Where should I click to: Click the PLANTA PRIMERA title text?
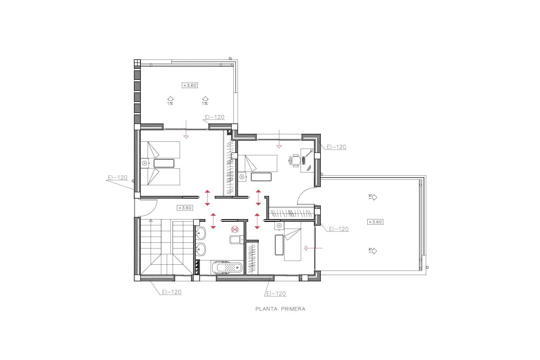(280, 309)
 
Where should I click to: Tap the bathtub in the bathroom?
(227, 267)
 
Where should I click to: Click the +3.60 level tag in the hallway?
(185, 208)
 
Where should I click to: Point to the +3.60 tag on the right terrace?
(375, 222)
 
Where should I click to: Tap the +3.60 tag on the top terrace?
(190, 85)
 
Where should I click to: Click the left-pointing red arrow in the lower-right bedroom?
(313, 248)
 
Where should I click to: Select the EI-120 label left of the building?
(118, 177)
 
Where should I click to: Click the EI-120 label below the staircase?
(172, 292)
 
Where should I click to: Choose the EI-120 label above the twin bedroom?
(215, 117)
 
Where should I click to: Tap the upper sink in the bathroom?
(201, 233)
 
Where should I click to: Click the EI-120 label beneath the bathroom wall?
(276, 294)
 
